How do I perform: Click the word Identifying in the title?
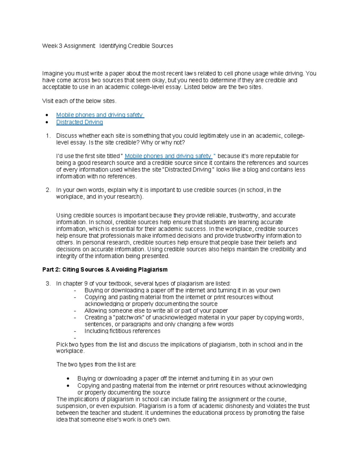tap(113, 46)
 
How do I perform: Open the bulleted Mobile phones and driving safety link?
tap(100, 115)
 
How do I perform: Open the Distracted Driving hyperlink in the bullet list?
tap(79, 122)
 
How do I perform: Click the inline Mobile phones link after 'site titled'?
tap(168, 156)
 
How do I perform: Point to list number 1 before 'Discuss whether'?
tap(48, 136)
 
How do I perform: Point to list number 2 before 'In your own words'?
tap(48, 190)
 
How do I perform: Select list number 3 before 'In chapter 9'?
tap(48, 284)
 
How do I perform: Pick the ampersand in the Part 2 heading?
tap(108, 269)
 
